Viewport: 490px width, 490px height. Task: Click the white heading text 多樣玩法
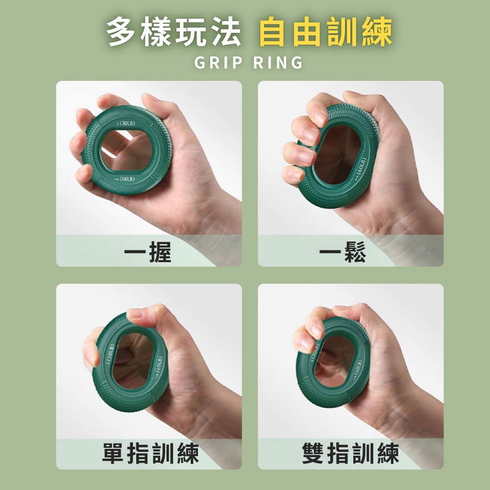[x=174, y=33]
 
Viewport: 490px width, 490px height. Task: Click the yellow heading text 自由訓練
[x=325, y=33]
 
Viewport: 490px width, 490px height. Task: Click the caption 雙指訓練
[x=350, y=453]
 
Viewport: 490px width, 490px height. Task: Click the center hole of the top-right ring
[x=337, y=154]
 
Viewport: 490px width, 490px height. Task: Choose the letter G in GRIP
[x=200, y=63]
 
